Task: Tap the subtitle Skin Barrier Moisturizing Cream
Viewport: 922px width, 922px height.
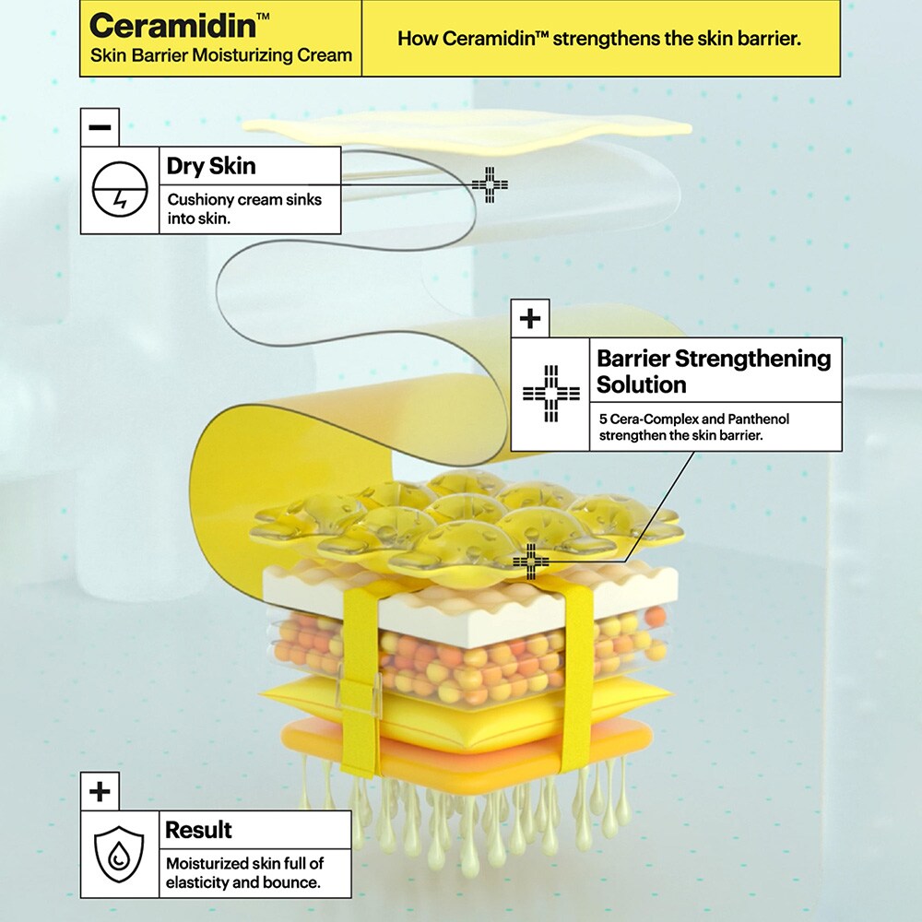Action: (x=221, y=55)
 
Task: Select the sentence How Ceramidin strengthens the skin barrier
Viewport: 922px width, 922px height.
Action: (x=599, y=39)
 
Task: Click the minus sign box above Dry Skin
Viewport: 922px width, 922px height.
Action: (x=100, y=127)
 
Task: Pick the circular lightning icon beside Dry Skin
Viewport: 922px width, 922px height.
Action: (x=120, y=189)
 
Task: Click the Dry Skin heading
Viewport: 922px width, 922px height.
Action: (x=211, y=166)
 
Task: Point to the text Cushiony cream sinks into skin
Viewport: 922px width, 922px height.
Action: (x=244, y=209)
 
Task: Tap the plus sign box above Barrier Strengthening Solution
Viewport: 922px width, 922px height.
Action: (x=529, y=318)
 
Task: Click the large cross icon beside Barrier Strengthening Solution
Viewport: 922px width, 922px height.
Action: (x=550, y=394)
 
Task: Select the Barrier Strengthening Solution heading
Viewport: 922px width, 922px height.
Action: (x=713, y=371)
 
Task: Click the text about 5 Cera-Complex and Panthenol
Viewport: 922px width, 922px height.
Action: (x=693, y=426)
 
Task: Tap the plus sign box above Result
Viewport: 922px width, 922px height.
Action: (x=100, y=791)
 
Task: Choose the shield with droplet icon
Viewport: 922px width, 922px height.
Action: (x=120, y=854)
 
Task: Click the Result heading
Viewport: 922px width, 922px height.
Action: (x=198, y=829)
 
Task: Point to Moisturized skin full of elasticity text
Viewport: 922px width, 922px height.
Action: (x=243, y=872)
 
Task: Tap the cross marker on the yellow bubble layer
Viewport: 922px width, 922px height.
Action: (x=531, y=561)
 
